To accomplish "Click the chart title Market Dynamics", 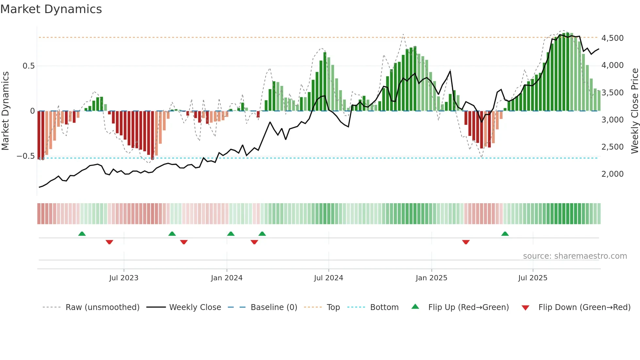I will click(51, 9).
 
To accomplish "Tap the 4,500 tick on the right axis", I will click(612, 38).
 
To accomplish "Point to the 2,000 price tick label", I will click(612, 174).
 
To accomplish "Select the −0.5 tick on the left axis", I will click(25, 156).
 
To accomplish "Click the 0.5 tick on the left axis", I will click(28, 66).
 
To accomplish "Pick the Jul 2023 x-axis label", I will click(124, 278).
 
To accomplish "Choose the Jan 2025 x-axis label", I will click(431, 278).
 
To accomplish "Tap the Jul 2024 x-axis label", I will click(328, 278).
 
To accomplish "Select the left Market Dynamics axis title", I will click(5, 111).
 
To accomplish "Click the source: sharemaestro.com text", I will click(575, 256).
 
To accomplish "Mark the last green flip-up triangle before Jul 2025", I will click(505, 234).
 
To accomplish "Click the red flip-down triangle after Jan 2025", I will click(466, 242).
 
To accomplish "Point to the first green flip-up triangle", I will click(82, 234).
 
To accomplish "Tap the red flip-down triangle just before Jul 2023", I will click(109, 242).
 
